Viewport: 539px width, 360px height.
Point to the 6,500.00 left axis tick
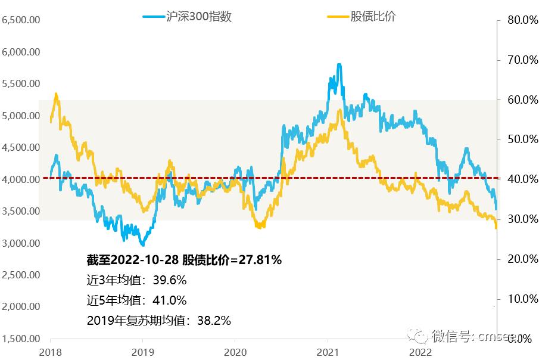(21, 20)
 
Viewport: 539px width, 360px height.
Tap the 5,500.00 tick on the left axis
(21, 83)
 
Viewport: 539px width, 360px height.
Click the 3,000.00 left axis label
(21, 243)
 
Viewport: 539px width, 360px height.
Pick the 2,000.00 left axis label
(21, 307)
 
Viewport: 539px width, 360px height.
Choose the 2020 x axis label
(235, 352)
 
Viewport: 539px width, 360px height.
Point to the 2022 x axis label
(421, 352)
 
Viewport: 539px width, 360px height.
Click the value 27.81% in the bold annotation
(259, 260)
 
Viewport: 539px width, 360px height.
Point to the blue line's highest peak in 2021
(339, 64)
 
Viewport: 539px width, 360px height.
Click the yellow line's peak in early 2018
(56, 94)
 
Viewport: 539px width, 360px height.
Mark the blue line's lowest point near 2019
(142, 244)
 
